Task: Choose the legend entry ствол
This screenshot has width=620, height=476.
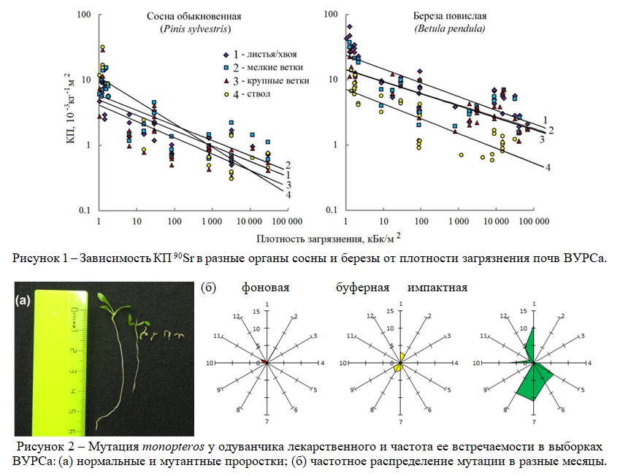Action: tap(252, 93)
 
